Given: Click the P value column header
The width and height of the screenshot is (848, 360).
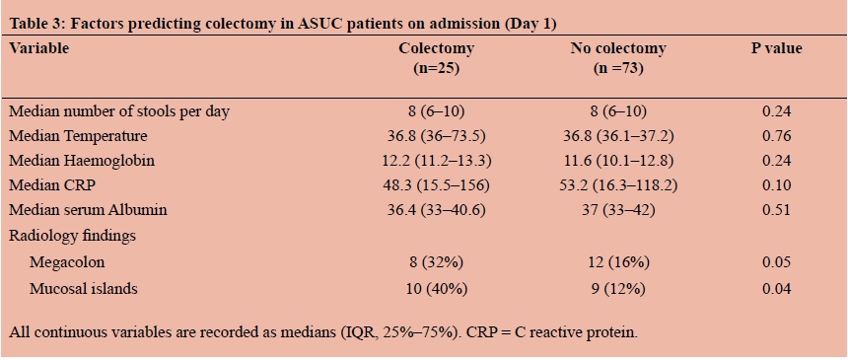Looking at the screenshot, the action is (777, 48).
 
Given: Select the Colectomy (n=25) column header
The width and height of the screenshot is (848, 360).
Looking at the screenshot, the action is (437, 58).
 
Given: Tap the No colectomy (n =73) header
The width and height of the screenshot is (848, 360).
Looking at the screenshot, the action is (618, 58).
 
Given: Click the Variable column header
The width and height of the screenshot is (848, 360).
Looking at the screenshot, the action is (39, 48).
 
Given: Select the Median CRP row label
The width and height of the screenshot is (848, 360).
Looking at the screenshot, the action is (51, 185).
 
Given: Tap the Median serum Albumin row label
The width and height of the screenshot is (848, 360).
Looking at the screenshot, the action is (88, 211).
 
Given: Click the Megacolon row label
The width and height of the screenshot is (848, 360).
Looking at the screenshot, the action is (67, 262).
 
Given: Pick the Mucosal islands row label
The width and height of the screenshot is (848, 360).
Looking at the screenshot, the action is (83, 289).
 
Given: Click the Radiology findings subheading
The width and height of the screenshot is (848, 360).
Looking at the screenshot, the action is (72, 237).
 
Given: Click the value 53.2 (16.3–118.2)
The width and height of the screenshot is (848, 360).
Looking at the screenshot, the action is (618, 185).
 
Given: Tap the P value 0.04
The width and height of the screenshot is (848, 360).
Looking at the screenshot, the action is (777, 289).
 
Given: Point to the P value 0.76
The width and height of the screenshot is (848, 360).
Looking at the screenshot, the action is (777, 136).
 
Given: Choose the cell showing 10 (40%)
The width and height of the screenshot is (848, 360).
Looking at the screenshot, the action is (437, 289).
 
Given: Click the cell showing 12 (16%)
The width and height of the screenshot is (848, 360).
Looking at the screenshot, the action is (618, 262).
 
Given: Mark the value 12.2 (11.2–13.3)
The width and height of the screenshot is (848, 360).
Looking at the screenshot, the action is (437, 161).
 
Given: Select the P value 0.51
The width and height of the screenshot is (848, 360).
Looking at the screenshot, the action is (777, 211).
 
